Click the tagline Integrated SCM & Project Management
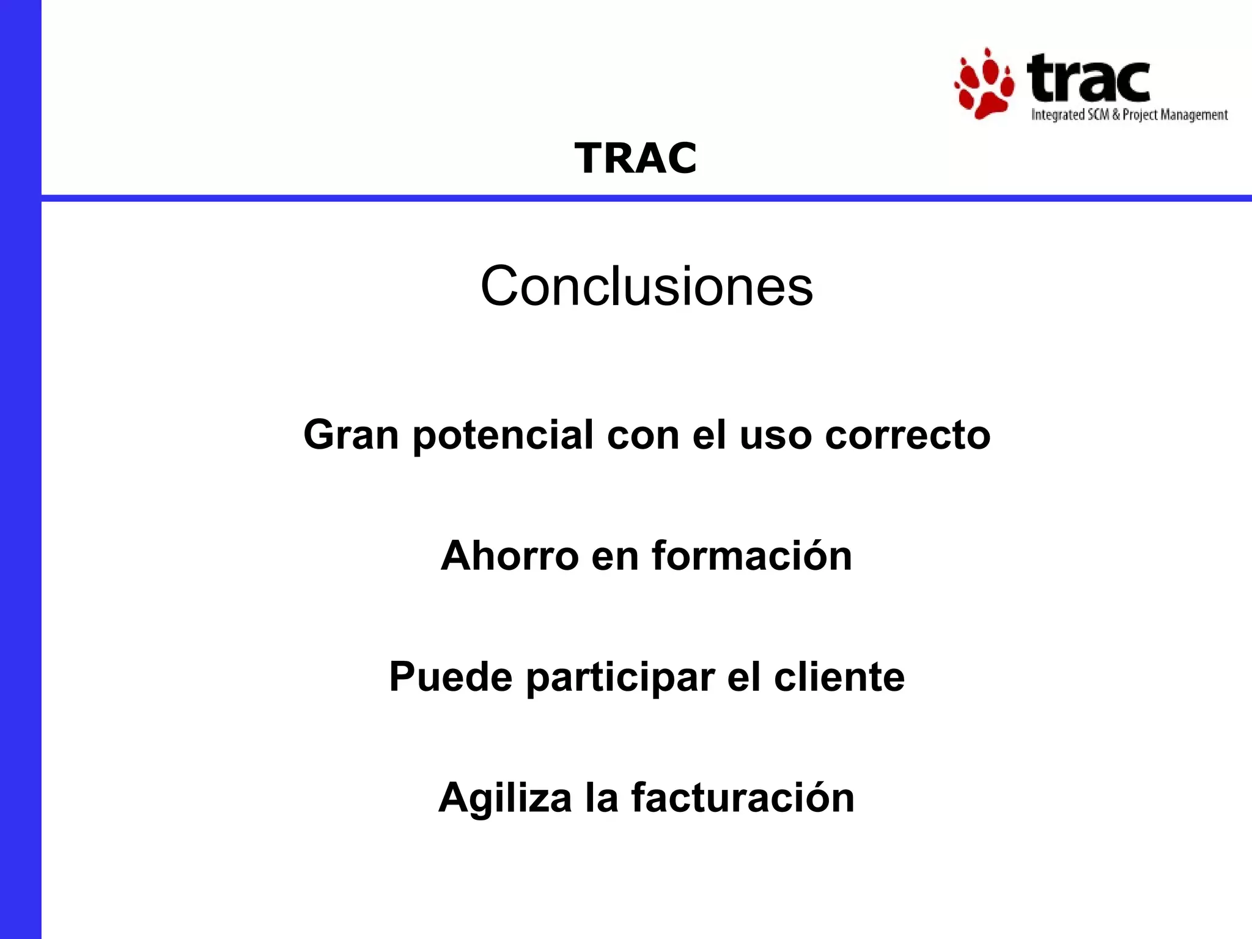[x=1129, y=115]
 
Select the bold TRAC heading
[x=635, y=158]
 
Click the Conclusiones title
[x=647, y=286]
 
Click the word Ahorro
[x=509, y=556]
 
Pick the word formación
[x=751, y=556]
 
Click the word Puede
[x=451, y=677]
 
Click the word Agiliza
[x=504, y=798]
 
